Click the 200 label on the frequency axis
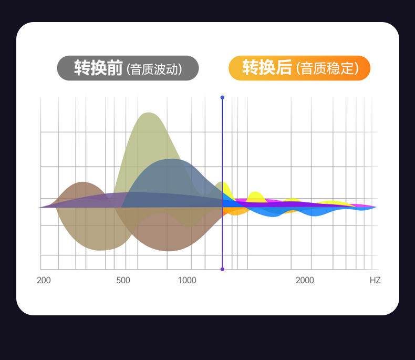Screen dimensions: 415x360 [44, 280]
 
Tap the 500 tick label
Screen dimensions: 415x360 [123, 280]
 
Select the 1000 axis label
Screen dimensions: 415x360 [187, 280]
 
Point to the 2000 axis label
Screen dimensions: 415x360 [305, 280]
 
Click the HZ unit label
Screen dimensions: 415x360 [375, 280]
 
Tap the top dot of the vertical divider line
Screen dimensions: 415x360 [222, 97]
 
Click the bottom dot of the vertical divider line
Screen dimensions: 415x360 [222, 269]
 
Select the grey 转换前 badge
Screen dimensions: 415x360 [128, 68]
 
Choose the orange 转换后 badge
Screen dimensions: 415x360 [299, 68]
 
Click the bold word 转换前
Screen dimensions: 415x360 [98, 68]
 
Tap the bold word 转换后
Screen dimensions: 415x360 [267, 67]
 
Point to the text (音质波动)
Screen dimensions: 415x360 [154, 69]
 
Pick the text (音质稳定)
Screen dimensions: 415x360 [327, 68]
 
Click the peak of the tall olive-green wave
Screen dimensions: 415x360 [149, 113]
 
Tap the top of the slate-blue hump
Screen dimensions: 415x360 [172, 159]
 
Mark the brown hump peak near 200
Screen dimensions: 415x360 [83, 183]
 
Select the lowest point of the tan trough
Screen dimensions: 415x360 [102, 250]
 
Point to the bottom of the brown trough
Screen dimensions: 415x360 [168, 250]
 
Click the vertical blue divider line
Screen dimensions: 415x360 [222, 183]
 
